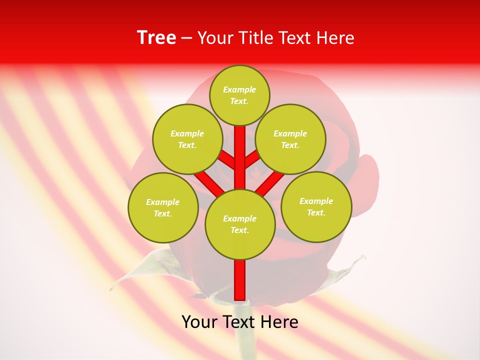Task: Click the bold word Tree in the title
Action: click(x=156, y=38)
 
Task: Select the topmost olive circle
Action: click(x=239, y=95)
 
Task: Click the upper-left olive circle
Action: click(x=187, y=139)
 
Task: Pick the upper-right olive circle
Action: click(x=290, y=139)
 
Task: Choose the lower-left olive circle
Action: click(x=163, y=207)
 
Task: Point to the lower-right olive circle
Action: click(x=316, y=206)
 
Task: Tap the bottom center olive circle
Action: click(x=240, y=224)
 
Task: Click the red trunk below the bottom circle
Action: click(x=240, y=280)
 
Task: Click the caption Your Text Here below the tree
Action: click(x=240, y=322)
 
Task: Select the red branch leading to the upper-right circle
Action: click(x=252, y=159)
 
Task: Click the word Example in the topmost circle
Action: click(x=239, y=90)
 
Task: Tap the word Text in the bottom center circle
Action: click(x=239, y=230)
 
